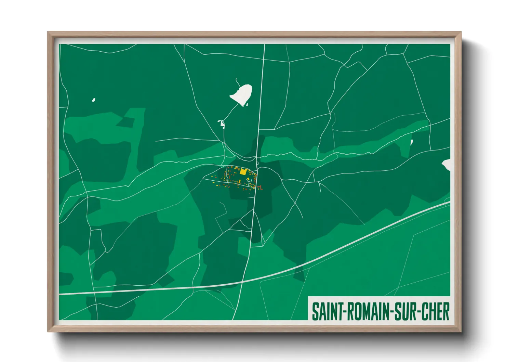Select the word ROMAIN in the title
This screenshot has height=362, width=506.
pyautogui.click(x=366, y=311)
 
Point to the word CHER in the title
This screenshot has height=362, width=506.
pyautogui.click(x=435, y=311)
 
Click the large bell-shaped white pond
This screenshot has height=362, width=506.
pyautogui.click(x=242, y=94)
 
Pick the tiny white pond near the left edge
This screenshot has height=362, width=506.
pyautogui.click(x=93, y=100)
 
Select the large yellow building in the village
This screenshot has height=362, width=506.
pyautogui.click(x=243, y=172)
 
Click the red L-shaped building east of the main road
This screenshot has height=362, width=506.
pyautogui.click(x=260, y=187)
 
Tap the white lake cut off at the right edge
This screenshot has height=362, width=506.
pyautogui.click(x=447, y=165)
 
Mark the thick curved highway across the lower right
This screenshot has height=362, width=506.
pyautogui.click(x=359, y=240)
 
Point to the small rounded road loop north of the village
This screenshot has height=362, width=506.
pyautogui.click(x=257, y=163)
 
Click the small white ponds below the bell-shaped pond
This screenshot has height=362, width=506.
pyautogui.click(x=222, y=123)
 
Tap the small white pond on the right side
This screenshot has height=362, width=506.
pyautogui.click(x=411, y=142)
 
